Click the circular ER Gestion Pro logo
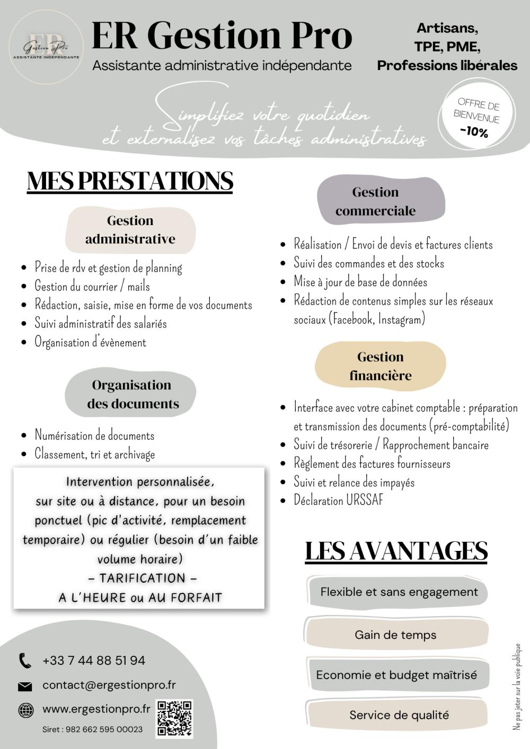click(46, 47)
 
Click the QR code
click(174, 718)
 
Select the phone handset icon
click(25, 661)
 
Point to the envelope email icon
click(25, 686)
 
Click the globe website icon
click(25, 710)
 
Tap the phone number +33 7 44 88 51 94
click(94, 661)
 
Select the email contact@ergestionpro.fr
click(109, 685)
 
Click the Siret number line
click(92, 729)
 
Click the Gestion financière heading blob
click(380, 366)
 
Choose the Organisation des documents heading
click(132, 394)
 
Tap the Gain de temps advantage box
click(396, 635)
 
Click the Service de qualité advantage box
click(399, 715)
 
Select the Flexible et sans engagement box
click(399, 592)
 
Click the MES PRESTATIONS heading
click(130, 181)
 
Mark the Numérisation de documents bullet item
click(94, 435)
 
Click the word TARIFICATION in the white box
click(142, 578)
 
